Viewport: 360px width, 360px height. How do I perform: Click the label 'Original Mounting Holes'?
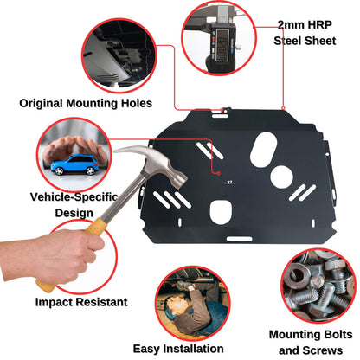(x=86, y=103)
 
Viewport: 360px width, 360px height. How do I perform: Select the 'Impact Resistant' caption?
(x=81, y=302)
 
